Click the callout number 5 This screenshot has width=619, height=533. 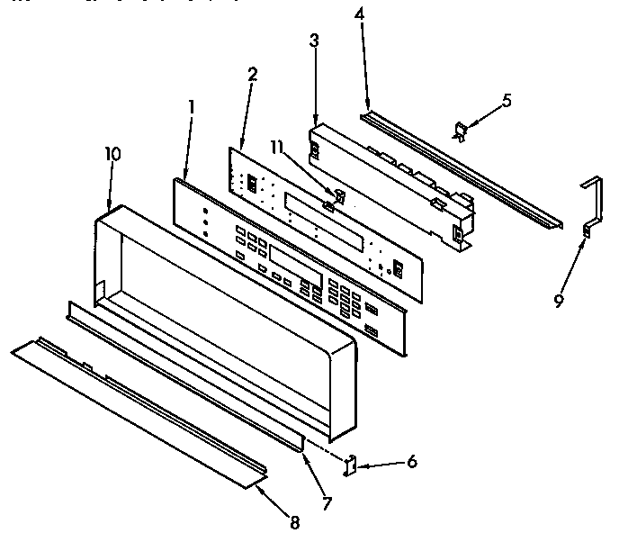click(507, 101)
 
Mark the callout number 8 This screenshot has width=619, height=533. click(295, 520)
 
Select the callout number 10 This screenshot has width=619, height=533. click(112, 153)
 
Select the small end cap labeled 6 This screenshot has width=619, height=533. click(353, 464)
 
